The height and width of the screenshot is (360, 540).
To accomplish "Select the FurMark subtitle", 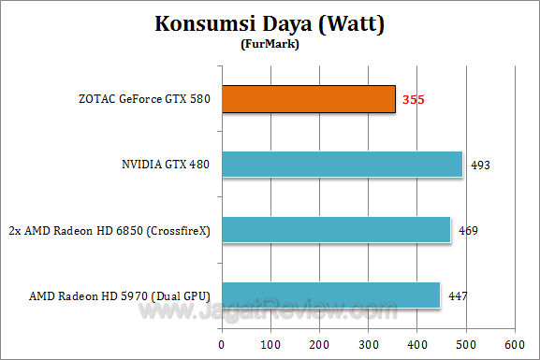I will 270,44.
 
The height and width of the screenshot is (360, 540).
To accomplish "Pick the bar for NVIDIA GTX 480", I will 342,165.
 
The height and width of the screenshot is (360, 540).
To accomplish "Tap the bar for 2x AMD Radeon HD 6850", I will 336,230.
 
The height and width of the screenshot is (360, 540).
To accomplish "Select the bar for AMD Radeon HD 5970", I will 330,295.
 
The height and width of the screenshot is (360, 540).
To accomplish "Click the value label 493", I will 481,166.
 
